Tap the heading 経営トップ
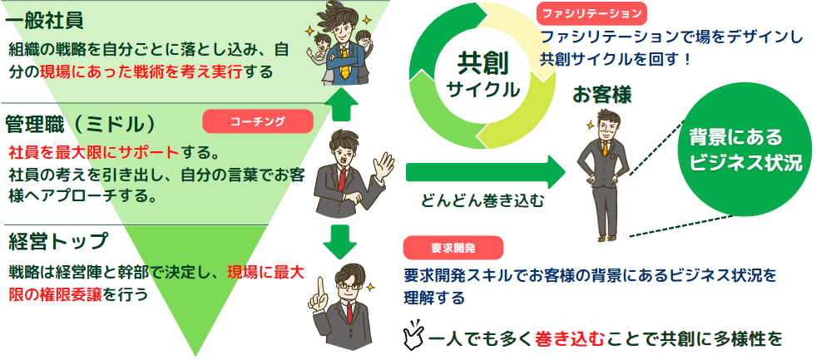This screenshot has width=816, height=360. [58, 242]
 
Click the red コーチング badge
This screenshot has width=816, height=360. [258, 121]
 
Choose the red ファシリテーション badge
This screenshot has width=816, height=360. [592, 14]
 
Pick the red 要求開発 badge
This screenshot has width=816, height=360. [453, 247]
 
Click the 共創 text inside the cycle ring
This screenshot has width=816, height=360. [482, 64]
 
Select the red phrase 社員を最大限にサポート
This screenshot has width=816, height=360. [93, 152]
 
